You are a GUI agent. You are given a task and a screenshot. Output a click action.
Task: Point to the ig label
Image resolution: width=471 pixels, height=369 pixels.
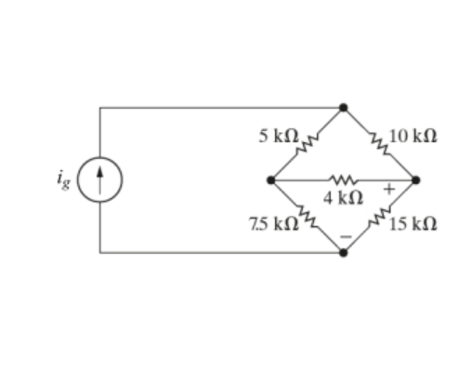63,179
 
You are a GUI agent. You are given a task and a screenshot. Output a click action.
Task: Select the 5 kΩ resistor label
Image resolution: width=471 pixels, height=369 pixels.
280,135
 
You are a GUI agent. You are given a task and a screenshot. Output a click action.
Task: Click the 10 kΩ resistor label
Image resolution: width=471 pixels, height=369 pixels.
413,136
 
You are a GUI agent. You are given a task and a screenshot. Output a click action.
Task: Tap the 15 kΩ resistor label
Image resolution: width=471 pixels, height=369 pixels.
415,224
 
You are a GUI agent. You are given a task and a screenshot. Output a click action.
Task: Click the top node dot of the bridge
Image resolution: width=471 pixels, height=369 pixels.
344,108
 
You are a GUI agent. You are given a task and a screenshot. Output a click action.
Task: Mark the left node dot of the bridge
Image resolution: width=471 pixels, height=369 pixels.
270,179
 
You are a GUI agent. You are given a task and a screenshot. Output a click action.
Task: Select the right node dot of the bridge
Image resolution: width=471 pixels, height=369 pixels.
415,179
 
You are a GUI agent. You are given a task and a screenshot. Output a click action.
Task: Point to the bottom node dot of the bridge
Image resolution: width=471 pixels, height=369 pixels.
344,252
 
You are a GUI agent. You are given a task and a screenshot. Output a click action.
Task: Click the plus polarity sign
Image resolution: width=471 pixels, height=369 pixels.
390,191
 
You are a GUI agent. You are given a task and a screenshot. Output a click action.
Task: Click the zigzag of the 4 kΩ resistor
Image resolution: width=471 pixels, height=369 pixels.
341,179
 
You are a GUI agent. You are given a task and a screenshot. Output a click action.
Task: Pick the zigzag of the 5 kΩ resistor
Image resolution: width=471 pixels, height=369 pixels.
311,139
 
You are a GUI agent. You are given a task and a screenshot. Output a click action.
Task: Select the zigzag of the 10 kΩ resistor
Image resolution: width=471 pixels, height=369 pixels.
379,142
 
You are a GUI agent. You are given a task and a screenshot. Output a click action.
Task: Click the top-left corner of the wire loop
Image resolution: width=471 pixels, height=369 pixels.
100,108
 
